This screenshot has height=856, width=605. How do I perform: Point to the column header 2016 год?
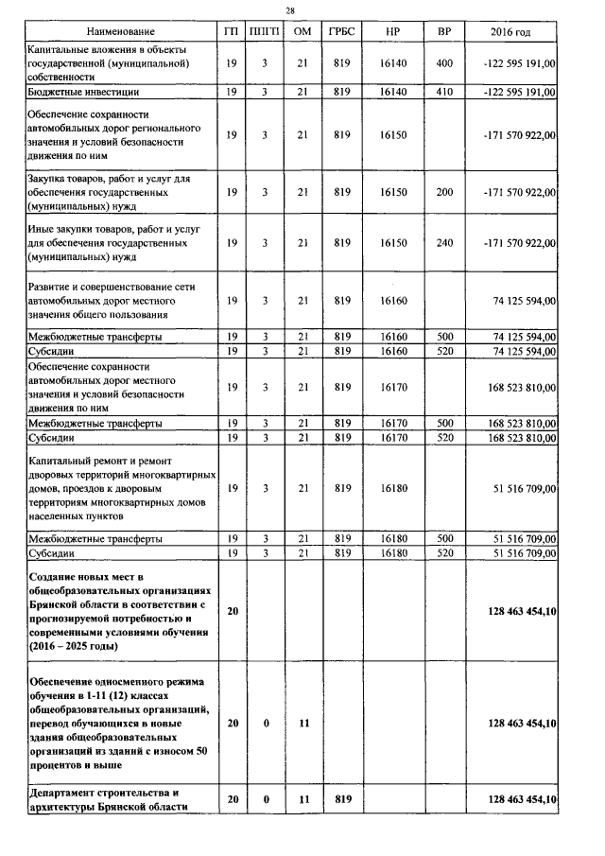[510, 32]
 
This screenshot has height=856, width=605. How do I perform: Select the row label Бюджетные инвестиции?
[84, 93]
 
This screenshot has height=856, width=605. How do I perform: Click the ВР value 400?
[444, 62]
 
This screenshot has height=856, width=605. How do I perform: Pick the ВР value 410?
[444, 93]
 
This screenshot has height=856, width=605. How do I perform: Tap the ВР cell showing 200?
[444, 192]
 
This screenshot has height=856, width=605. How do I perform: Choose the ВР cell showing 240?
[444, 243]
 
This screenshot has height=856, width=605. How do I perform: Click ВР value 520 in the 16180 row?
[444, 552]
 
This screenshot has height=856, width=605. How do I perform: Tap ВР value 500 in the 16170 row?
[444, 423]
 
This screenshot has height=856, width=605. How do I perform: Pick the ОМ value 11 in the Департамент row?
[302, 799]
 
